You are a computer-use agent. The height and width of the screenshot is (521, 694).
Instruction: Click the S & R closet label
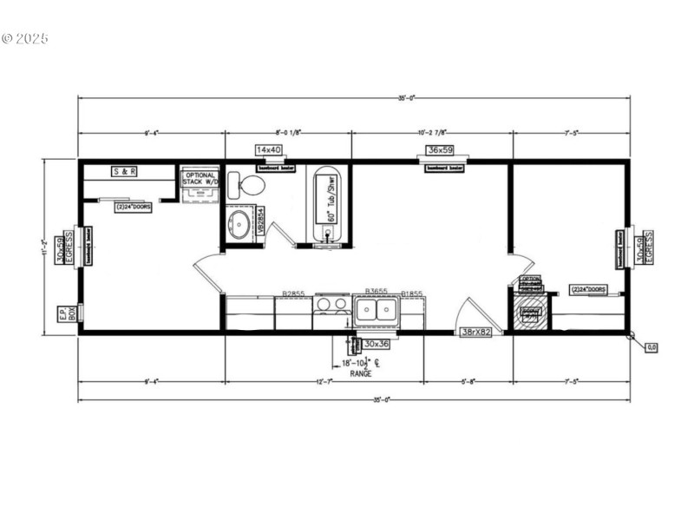point(125,172)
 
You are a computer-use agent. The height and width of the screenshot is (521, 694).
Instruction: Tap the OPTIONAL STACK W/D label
point(199,179)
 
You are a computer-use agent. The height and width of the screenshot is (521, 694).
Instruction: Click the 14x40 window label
point(270,150)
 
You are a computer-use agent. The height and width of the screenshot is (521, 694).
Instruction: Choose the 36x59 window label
point(443,150)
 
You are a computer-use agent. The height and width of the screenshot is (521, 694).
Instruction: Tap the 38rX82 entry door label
point(476,333)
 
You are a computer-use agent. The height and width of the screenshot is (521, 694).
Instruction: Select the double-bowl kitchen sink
point(376,310)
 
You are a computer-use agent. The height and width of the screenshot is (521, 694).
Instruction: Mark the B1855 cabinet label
point(411,293)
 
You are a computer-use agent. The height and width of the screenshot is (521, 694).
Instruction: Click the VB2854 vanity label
point(258,221)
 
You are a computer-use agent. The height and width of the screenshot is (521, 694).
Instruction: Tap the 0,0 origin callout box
point(651,347)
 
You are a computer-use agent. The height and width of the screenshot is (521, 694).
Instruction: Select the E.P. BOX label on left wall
point(62,314)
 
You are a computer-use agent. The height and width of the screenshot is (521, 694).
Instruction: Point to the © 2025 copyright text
point(25,38)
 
